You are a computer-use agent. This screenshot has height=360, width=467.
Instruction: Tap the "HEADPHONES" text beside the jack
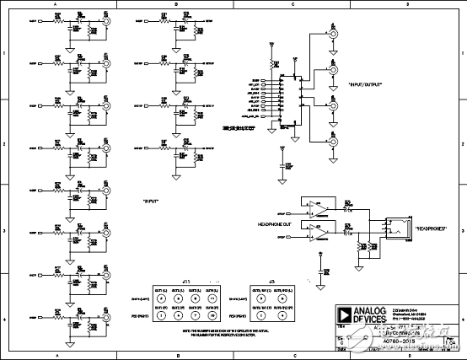(430, 229)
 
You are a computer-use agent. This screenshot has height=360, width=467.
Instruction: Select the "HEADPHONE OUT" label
(276, 223)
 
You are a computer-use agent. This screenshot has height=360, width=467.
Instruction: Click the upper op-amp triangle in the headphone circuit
(314, 207)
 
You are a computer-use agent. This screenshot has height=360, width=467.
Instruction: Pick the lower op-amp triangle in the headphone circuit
(314, 228)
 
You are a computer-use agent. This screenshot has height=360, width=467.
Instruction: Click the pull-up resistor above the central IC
(271, 64)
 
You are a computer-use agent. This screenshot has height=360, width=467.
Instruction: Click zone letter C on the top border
(292, 4)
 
